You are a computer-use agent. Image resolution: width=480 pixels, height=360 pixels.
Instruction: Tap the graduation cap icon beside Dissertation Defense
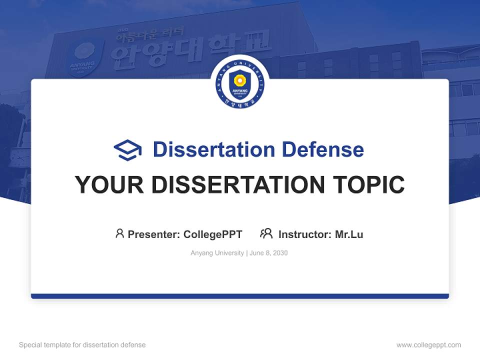pyautogui.click(x=127, y=149)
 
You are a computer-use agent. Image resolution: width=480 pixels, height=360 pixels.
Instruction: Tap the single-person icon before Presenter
pyautogui.click(x=119, y=233)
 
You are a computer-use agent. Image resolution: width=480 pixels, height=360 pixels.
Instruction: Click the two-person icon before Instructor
pyautogui.click(x=266, y=233)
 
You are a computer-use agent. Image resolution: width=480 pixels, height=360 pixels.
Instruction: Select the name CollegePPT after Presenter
pyautogui.click(x=213, y=234)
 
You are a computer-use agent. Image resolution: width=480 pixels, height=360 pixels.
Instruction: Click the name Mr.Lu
pyautogui.click(x=349, y=234)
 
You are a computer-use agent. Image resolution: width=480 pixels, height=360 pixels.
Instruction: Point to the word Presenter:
pyautogui.click(x=154, y=234)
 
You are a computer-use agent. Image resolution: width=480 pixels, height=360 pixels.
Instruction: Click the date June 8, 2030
pyautogui.click(x=268, y=253)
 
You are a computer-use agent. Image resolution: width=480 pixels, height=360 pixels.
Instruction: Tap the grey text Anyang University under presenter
pyautogui.click(x=217, y=253)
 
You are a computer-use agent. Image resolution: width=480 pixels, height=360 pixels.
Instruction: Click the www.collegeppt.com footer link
pyautogui.click(x=428, y=345)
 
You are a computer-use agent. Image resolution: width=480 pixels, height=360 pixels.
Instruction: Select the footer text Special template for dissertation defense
pyautogui.click(x=82, y=345)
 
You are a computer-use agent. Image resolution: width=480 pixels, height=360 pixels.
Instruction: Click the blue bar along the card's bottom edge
pyautogui.click(x=240, y=296)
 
